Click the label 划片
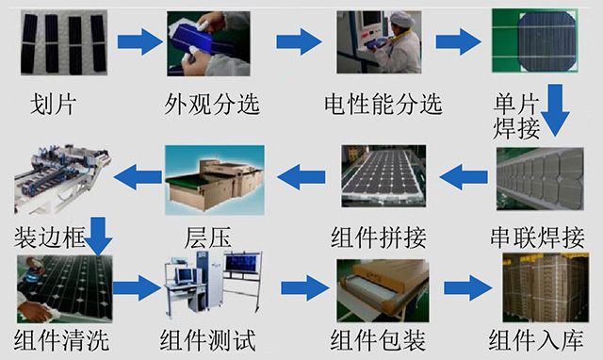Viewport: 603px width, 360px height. coord(53,104)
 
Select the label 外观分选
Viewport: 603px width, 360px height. coord(212,104)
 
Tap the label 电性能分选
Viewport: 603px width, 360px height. coord(383,104)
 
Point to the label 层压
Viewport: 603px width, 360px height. coord(207,237)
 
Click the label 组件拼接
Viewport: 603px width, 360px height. coord(379,237)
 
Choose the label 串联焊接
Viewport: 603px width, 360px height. coord(538,237)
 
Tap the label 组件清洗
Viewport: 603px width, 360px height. coord(61,340)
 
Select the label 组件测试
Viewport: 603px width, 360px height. coord(207,340)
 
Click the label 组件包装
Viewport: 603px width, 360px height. coord(378,340)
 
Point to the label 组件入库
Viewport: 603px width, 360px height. coord(536,340)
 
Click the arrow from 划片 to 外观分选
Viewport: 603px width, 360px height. coord(140,41)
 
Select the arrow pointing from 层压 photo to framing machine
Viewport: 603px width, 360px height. coord(138,176)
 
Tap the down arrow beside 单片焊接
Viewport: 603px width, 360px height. coord(555,110)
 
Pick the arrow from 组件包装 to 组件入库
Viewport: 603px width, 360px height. coord(468,287)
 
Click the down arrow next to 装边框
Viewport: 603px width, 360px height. coord(98,237)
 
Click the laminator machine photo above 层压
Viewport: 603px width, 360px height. coord(215,180)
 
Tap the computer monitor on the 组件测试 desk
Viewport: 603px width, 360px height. coord(184,275)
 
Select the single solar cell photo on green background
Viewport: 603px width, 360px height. coord(535,41)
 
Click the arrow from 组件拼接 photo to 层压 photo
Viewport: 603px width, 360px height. coord(301,176)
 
